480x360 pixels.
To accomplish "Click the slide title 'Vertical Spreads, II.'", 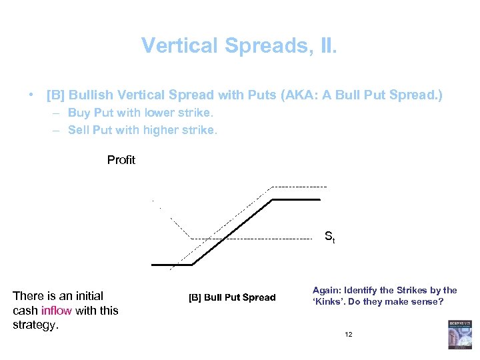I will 239,45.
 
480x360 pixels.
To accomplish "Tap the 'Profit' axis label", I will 121,160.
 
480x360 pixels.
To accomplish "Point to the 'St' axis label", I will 329,236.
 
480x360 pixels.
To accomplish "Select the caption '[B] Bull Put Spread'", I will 232,297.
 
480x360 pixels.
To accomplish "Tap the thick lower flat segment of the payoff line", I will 172,265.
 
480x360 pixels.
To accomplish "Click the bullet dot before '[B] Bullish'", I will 31,95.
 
